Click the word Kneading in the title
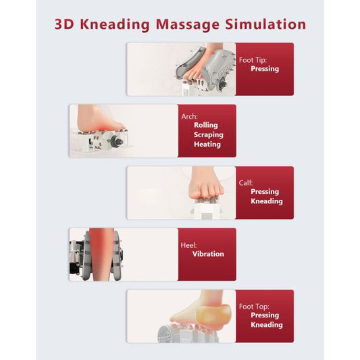115,24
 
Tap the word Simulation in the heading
265,24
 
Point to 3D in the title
64,24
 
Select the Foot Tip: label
253,60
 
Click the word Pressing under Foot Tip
265,69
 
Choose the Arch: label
189,116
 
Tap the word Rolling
206,125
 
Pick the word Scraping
209,135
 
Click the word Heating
207,144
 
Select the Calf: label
246,183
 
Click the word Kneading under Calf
267,201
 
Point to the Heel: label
188,245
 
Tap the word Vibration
208,254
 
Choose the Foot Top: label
254,307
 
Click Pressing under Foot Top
265,315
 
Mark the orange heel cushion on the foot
213,315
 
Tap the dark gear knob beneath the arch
117,141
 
